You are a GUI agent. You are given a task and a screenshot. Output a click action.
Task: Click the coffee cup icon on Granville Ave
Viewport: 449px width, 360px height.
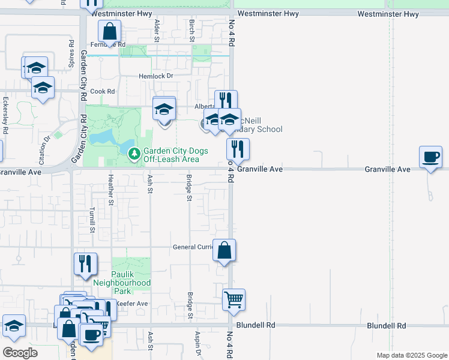430,157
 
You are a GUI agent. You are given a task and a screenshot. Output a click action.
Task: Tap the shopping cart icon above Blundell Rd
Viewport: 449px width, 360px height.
234,299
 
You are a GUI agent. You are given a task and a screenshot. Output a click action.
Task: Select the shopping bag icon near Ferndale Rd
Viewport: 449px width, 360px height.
110,31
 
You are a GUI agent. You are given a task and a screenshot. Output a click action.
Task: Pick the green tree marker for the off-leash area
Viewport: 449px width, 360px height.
134,154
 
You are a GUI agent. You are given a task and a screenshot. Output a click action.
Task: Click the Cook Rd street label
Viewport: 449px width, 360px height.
103,91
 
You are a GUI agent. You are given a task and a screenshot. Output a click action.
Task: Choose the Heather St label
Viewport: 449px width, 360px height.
110,190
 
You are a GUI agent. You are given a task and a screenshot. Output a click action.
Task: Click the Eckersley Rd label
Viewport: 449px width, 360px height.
5,115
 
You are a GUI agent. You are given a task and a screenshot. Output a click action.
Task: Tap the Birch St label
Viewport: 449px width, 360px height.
192,30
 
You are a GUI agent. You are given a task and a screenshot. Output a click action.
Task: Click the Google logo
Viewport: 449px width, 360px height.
20,353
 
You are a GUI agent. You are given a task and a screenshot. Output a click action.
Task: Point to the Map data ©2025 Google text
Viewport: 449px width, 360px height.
411,355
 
